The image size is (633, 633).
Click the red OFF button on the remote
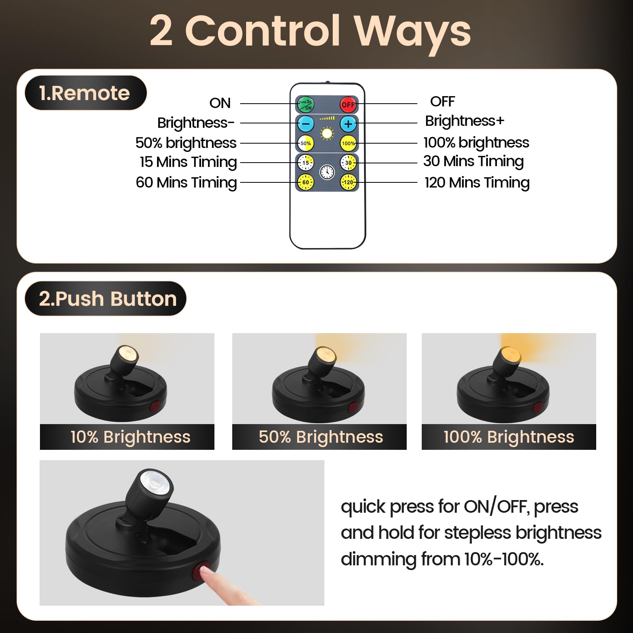coord(348,105)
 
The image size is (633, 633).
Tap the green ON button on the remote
coord(305,105)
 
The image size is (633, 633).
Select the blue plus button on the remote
coord(348,124)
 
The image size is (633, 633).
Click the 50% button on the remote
coord(305,143)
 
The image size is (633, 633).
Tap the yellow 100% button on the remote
coord(348,143)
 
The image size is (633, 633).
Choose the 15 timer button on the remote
coord(305,163)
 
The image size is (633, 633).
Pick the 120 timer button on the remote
coord(348,182)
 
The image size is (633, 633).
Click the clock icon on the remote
coord(327,172)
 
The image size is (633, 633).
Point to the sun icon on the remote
coord(327,133)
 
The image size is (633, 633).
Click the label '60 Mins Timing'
coord(186,182)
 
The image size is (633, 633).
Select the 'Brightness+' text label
coord(464,121)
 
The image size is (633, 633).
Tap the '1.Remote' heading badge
coord(85,93)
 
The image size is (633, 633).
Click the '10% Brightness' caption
coord(130,437)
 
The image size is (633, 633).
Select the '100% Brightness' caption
coord(509,437)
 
